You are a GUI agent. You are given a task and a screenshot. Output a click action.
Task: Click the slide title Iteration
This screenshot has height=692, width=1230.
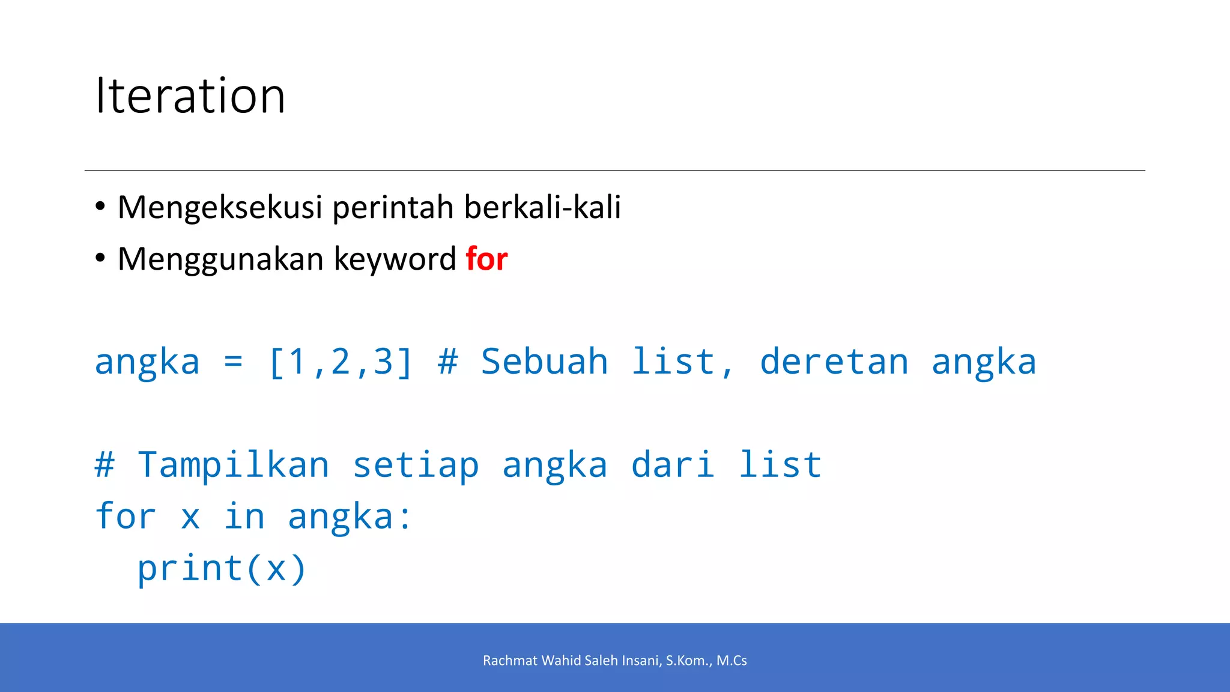190,96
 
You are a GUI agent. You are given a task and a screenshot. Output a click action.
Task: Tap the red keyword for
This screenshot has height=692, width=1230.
486,259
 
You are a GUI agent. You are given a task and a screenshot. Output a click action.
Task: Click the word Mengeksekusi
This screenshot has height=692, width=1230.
220,208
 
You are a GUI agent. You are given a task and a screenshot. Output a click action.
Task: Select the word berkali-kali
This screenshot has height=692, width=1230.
542,207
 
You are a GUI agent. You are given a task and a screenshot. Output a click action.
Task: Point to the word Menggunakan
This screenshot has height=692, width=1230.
220,259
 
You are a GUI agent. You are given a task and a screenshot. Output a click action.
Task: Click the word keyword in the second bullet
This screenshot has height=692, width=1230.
395,259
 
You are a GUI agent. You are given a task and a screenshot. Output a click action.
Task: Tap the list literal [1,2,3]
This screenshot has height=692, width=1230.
341,362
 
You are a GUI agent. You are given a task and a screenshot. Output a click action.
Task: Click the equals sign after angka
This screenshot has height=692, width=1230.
233,362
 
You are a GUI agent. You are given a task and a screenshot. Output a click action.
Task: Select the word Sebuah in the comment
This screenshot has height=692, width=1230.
544,362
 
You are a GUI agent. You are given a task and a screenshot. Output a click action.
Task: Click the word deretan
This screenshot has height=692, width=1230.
834,362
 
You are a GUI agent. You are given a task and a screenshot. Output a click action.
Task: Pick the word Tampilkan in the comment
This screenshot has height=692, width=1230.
234,466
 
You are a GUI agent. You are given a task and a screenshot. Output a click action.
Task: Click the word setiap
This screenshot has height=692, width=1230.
416,466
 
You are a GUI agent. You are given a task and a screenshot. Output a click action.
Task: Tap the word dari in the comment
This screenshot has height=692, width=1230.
673,466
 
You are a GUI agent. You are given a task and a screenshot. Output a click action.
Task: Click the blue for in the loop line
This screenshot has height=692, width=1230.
126,517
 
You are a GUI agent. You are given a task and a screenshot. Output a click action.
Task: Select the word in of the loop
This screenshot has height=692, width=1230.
244,517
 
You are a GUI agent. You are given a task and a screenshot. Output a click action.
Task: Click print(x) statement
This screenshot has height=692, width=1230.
222,568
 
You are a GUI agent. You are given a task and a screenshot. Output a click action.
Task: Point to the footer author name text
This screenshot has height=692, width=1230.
614,661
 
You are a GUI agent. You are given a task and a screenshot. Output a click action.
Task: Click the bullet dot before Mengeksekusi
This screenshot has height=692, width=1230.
100,207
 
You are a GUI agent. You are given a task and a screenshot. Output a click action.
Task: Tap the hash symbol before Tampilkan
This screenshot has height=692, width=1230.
105,466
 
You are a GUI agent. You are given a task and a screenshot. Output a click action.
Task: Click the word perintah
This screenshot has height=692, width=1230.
393,208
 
